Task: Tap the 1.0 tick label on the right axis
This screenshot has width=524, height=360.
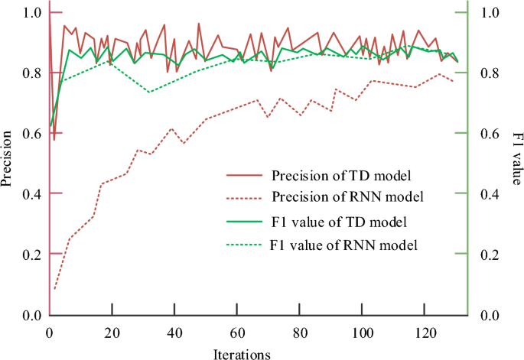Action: point(490,13)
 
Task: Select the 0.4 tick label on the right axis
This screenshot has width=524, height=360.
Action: point(490,194)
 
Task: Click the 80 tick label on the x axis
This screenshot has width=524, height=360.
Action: point(300,334)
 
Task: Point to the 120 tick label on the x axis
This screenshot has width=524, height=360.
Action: point(425,334)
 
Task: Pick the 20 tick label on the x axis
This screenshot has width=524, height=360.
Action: point(112,334)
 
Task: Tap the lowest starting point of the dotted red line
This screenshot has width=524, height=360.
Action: point(54,289)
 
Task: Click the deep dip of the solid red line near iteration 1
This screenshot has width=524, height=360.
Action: point(54,140)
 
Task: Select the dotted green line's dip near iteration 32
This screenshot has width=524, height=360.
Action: point(149,92)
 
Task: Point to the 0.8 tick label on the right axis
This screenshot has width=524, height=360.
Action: point(490,73)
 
